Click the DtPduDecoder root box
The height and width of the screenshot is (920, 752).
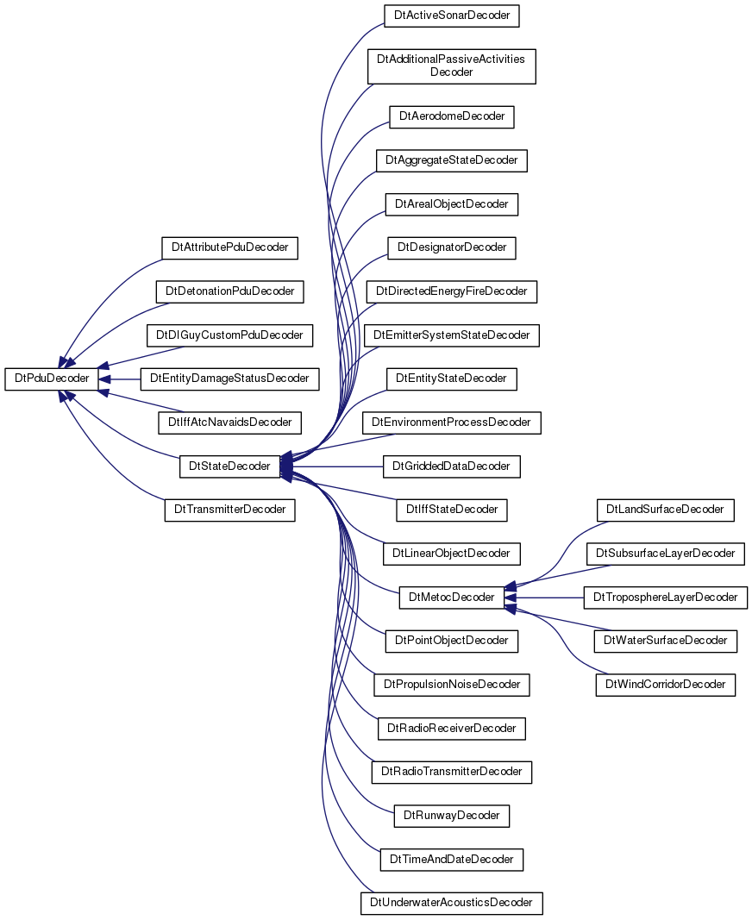click(52, 379)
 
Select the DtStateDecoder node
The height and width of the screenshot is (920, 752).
click(229, 466)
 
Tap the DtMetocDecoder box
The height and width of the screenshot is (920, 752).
click(451, 598)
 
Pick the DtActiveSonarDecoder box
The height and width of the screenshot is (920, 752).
click(451, 16)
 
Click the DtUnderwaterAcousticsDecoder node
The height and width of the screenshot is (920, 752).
click(451, 903)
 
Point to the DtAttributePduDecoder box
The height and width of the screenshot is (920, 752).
click(229, 247)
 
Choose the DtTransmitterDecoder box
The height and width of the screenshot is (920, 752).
click(229, 510)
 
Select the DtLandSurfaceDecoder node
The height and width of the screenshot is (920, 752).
click(665, 510)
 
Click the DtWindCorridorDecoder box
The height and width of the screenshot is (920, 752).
click(665, 685)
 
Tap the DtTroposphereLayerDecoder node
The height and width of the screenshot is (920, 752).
click(665, 598)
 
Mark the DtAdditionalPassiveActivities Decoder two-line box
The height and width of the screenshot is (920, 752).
click(451, 66)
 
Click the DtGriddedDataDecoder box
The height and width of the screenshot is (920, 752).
click(451, 466)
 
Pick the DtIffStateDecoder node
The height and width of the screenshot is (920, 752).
click(451, 510)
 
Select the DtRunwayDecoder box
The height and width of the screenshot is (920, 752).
click(451, 816)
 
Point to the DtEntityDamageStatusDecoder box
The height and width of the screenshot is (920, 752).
click(229, 379)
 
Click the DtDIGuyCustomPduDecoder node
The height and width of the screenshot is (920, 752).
click(229, 335)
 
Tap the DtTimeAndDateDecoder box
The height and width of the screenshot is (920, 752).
click(451, 860)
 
